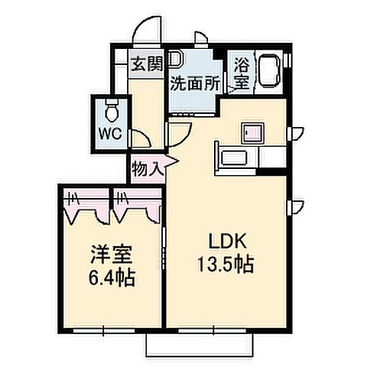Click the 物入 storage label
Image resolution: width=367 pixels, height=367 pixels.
(146, 168)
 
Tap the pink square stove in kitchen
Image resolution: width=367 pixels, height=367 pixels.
(252, 132)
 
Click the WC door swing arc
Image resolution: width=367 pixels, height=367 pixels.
(140, 138)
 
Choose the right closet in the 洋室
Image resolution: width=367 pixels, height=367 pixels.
(138, 205)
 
